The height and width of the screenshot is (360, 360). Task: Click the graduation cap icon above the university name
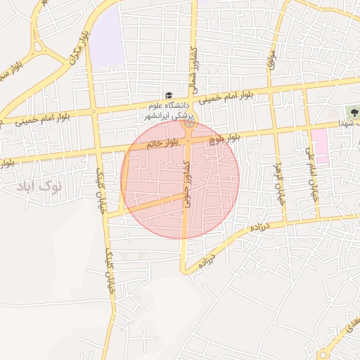tap(168, 96)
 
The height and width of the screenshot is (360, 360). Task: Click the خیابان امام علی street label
tap(312, 169)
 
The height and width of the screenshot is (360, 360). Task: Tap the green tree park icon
tap(352, 112)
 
